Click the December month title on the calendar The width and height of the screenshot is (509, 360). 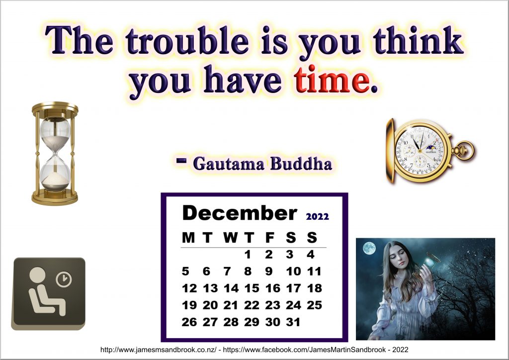pos(240,213)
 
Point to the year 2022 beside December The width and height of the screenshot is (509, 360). pos(317,216)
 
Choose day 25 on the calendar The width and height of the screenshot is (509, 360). pos(314,305)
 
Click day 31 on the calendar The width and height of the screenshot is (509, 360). pos(293,322)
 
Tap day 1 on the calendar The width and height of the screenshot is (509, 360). pos(248,255)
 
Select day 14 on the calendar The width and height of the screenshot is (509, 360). pos(231,288)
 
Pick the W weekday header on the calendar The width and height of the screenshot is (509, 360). pos(231,238)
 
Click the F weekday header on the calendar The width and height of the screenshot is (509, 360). pos(269,238)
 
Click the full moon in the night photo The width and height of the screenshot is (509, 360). pos(369,249)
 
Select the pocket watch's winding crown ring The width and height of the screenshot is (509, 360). pos(468,150)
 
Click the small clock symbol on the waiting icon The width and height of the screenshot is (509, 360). pos(64,279)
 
